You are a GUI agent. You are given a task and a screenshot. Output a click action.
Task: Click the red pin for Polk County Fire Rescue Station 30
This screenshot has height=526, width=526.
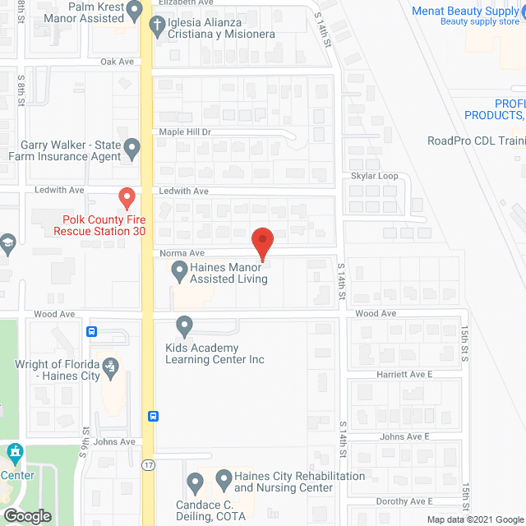click(127, 198)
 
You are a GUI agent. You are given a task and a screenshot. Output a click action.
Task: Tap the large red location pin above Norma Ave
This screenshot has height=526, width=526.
click(262, 242)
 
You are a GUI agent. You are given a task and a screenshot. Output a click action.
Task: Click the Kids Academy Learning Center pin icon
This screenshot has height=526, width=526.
click(184, 327)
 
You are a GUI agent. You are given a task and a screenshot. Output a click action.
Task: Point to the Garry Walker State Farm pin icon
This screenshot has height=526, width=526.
click(132, 148)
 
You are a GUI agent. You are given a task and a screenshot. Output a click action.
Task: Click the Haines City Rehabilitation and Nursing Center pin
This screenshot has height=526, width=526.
click(196, 481)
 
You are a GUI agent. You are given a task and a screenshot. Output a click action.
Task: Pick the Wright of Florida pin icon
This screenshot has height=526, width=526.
click(109, 365)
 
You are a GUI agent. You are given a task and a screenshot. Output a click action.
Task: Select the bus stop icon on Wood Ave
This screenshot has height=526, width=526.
click(91, 332)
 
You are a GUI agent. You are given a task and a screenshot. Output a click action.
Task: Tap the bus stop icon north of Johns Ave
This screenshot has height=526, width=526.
click(154, 416)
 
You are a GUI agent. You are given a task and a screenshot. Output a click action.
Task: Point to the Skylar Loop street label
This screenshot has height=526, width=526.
click(374, 176)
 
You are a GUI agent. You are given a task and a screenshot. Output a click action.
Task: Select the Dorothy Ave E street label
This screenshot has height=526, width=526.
click(406, 501)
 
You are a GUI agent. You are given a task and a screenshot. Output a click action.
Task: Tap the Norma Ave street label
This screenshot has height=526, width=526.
click(175, 253)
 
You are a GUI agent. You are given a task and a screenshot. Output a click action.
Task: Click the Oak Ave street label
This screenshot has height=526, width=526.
click(117, 62)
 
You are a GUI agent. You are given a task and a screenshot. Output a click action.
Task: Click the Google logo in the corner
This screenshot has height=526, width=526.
click(26, 516)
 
